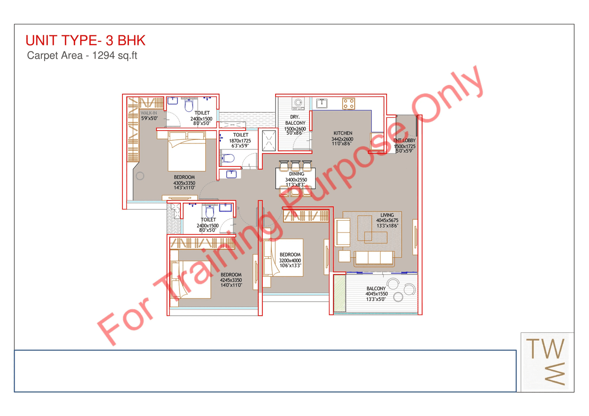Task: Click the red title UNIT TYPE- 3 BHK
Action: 86,40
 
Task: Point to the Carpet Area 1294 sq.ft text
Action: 82,56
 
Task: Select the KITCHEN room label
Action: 343,133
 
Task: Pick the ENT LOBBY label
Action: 404,140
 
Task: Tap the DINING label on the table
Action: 297,174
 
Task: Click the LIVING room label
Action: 387,215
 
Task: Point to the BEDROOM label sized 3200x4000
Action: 290,255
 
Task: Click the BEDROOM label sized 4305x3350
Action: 184,177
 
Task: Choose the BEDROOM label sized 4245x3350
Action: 231,275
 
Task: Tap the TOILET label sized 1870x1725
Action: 240,135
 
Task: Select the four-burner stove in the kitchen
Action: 348,103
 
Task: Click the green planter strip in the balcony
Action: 339,292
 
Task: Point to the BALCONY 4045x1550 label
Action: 376,289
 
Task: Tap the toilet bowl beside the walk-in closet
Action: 188,106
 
